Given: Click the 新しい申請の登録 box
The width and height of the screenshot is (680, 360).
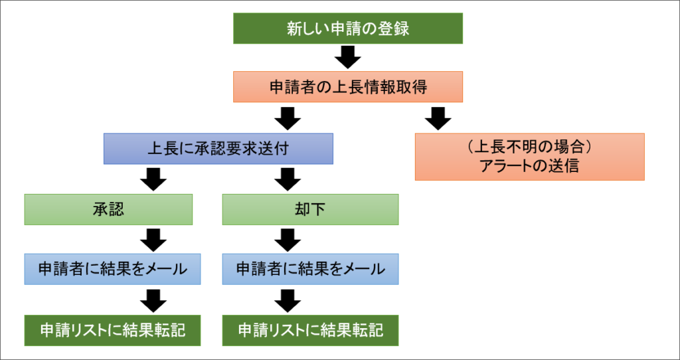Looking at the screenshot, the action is coord(348,28).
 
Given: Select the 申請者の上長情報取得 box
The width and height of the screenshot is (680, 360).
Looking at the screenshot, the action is coord(348,87).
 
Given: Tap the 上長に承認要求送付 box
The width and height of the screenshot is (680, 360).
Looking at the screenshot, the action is coord(218,148).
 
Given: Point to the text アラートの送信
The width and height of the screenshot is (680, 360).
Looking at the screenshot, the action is coord(529,167).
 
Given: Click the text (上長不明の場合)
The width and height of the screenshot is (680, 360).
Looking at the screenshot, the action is coord(529,148).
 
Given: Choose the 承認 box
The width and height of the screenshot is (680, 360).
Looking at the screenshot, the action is coord(108,209).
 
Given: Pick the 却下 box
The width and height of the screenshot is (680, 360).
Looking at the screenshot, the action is coord(311,209).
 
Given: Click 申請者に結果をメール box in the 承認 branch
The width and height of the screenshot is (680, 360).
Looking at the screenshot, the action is coord(112,269).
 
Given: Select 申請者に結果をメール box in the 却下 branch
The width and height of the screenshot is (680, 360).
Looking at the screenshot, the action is coord(311,269).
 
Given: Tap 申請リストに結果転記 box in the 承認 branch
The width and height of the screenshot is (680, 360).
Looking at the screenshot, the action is coord(112,330).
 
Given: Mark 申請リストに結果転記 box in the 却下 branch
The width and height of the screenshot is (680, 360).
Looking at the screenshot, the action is coord(311,330).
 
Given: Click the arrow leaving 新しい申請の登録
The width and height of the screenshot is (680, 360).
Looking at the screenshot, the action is coord(348,57).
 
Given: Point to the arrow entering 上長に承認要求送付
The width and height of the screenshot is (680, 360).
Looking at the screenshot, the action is coord(288,118).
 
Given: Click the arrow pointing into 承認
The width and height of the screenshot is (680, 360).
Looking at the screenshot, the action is coord(153,179).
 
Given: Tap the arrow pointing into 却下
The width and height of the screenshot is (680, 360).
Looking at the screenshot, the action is coord(288,179).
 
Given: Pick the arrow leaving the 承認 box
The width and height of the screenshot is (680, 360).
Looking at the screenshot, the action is coord(153,240).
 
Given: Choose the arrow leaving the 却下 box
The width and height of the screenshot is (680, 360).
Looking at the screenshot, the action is coord(288,240).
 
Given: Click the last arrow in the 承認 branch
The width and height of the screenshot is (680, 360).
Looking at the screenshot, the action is coord(153,301).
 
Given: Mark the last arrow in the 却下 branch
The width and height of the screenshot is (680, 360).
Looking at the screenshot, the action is coord(288,301).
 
